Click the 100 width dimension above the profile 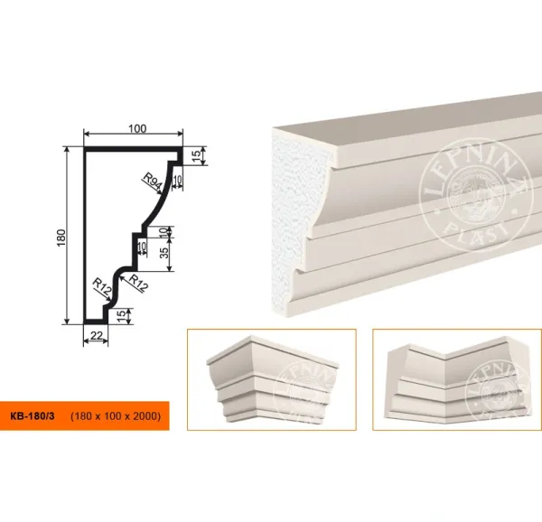(137, 128)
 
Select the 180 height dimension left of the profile (61, 238)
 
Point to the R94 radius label (153, 182)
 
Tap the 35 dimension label (165, 253)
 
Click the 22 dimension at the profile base (96, 335)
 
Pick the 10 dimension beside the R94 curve (178, 180)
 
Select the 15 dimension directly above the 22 (121, 316)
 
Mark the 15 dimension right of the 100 (196, 156)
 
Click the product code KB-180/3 (33, 416)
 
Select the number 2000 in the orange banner (145, 416)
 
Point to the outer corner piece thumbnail (272, 379)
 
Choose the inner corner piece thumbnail (457, 379)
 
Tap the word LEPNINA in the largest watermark (475, 166)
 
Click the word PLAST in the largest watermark (476, 232)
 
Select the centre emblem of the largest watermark (474, 195)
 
